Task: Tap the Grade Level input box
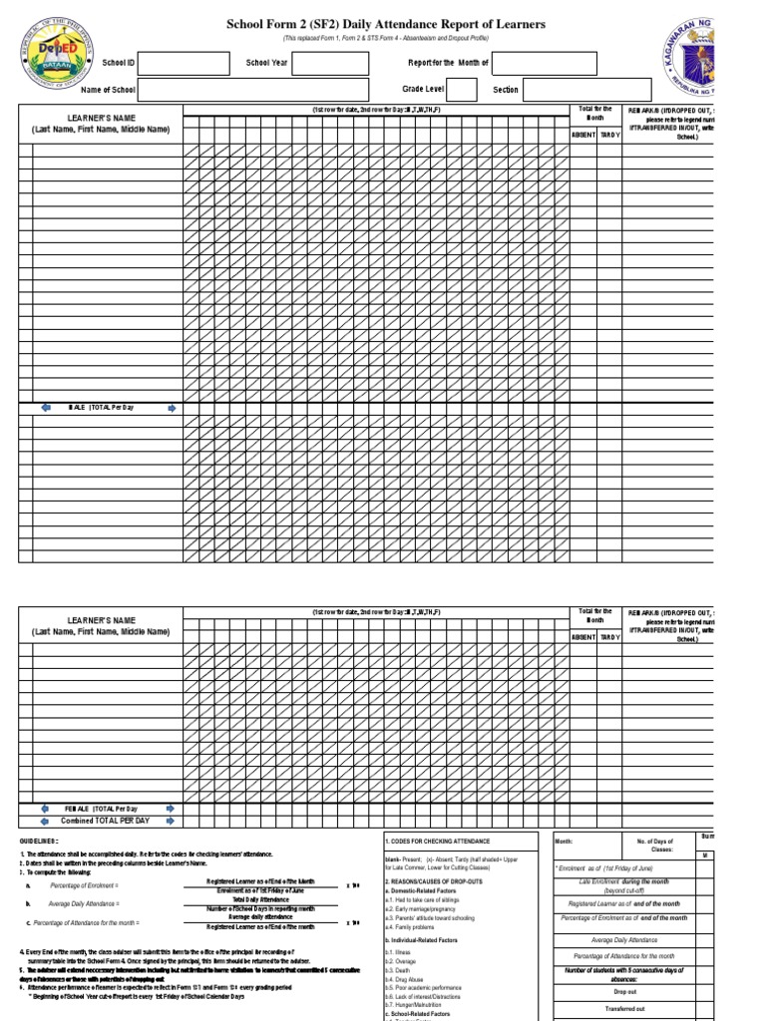click(463, 90)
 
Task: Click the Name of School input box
click(249, 90)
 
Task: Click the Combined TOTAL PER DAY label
click(107, 820)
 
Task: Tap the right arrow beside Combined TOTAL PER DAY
click(171, 820)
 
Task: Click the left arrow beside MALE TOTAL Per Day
click(45, 408)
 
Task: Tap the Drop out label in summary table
click(624, 991)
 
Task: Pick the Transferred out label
click(624, 1009)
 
